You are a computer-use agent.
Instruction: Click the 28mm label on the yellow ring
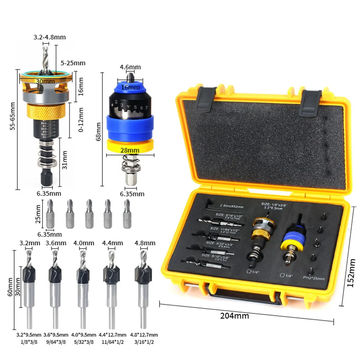(x=130, y=150)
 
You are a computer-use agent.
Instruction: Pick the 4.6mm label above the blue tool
(x=130, y=67)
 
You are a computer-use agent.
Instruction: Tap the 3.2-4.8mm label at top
(x=50, y=37)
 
